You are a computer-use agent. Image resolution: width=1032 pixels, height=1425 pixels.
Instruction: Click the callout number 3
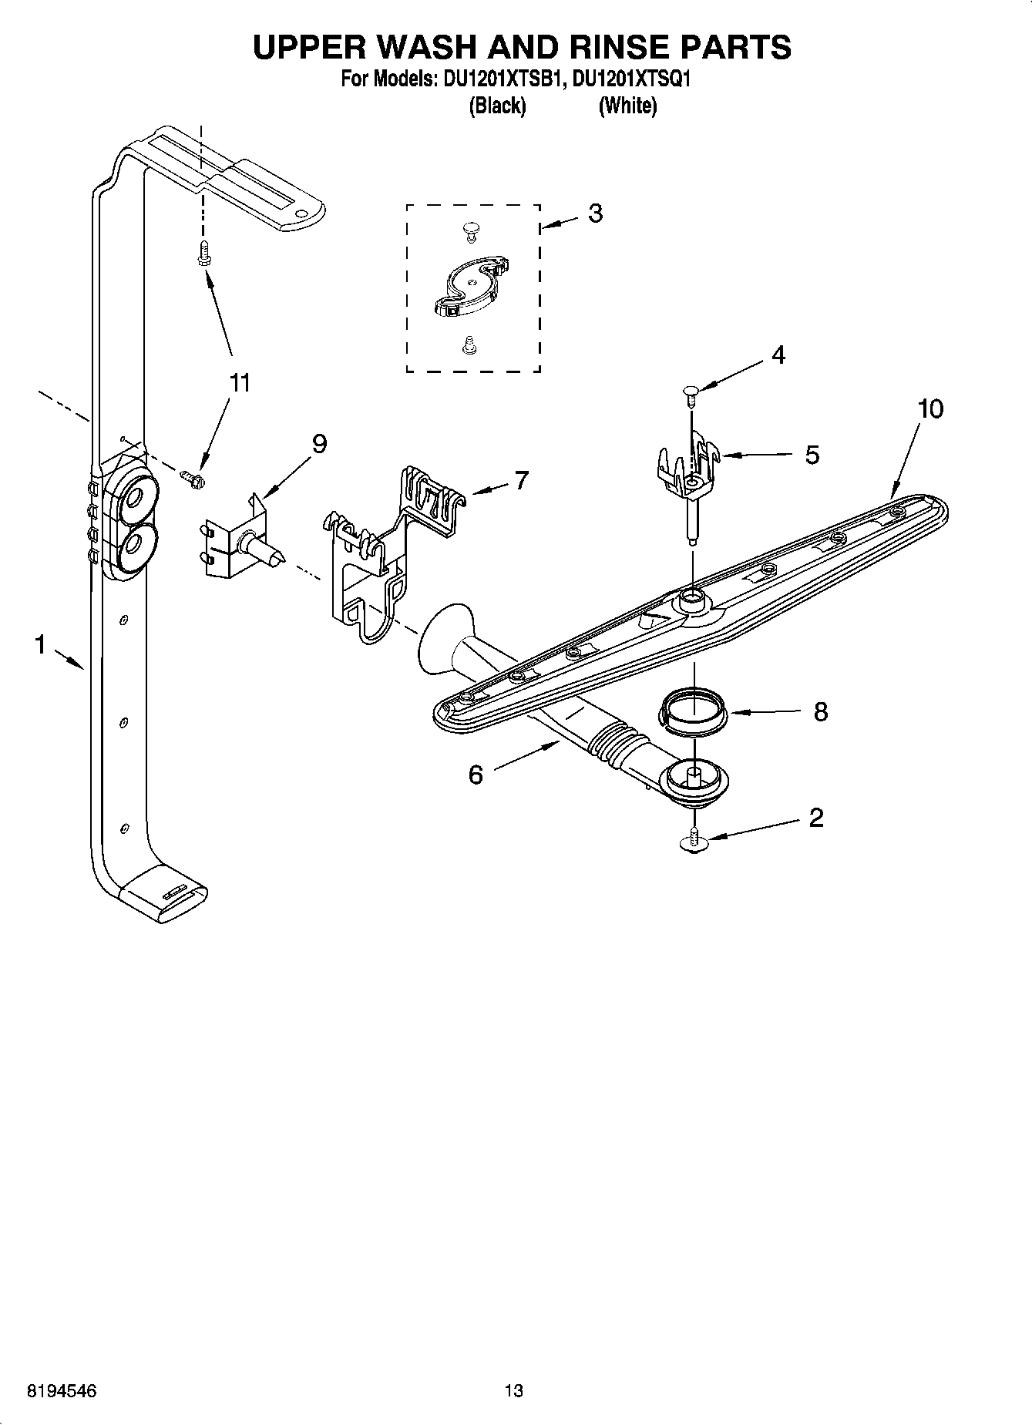[x=594, y=213]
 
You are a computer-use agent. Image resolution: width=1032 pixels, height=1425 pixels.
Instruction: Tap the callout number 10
[x=930, y=408]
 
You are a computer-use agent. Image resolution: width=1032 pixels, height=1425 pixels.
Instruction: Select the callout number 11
[x=240, y=382]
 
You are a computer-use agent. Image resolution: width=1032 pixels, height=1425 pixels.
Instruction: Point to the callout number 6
[x=476, y=775]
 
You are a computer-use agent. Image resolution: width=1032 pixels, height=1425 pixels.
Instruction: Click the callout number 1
[x=40, y=644]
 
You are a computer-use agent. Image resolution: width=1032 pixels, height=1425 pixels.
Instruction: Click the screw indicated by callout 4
[x=691, y=398]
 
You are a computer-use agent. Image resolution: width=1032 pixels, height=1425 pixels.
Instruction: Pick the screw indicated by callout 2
[x=694, y=840]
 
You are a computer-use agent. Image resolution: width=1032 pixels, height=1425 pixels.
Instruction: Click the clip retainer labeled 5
[x=688, y=466]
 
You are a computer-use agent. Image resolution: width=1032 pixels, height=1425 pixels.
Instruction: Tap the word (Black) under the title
[x=497, y=106]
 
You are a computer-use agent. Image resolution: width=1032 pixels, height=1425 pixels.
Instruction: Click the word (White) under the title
[x=627, y=106]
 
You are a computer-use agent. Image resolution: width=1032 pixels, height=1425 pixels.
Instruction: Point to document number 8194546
[x=62, y=1391]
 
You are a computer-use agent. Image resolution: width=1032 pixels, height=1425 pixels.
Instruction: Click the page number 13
[x=514, y=1391]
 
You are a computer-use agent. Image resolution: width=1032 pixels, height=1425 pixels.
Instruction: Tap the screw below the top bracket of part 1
[x=203, y=252]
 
